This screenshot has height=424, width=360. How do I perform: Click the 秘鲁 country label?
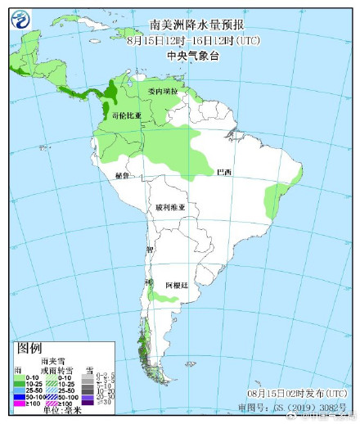click(x=123, y=175)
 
